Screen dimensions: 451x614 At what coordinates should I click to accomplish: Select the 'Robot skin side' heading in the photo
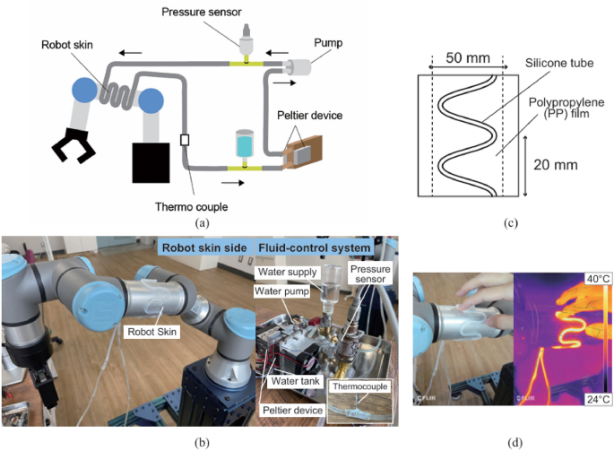(x=204, y=248)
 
